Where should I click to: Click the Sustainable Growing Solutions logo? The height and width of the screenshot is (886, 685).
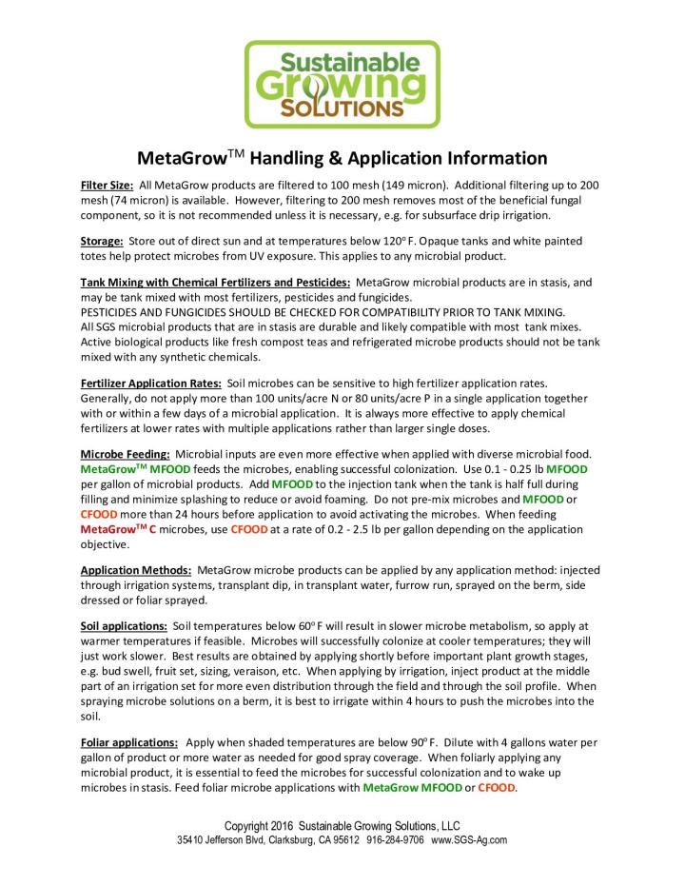coord(342,84)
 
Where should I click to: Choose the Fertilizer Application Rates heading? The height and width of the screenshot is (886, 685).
coord(145,383)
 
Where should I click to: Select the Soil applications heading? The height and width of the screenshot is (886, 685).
coord(125,627)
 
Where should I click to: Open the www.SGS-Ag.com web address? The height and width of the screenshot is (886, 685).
coord(469,840)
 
